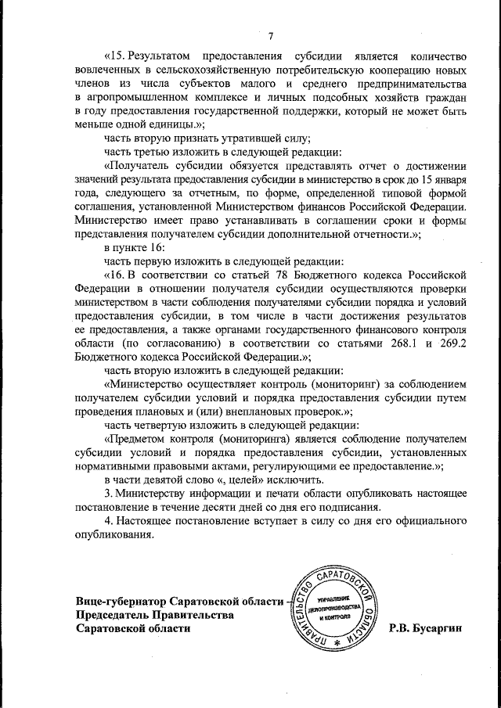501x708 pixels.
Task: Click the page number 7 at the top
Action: [269, 36]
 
